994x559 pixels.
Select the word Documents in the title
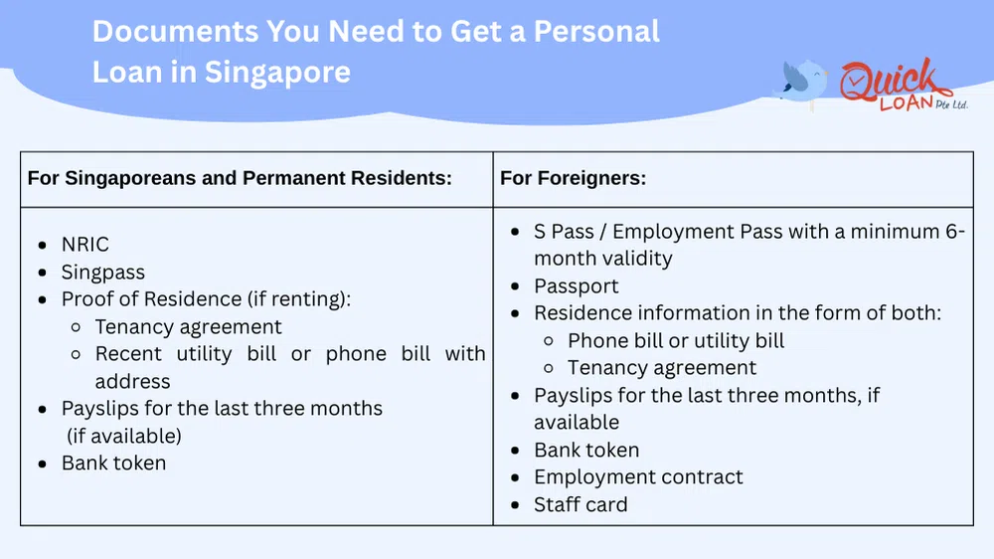click(175, 31)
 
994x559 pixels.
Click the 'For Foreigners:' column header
click(574, 179)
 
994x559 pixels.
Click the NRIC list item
click(85, 245)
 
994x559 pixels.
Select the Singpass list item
click(103, 273)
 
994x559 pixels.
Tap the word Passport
click(577, 286)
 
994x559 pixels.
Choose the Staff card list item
click(580, 505)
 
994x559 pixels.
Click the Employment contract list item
click(638, 477)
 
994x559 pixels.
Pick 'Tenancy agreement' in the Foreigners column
click(662, 368)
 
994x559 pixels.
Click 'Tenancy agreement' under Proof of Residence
click(189, 327)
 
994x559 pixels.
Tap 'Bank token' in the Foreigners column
click(586, 451)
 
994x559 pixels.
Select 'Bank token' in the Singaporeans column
click(113, 464)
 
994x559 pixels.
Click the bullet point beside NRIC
click(42, 246)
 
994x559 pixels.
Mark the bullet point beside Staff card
click(514, 506)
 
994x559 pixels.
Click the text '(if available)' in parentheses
click(124, 437)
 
